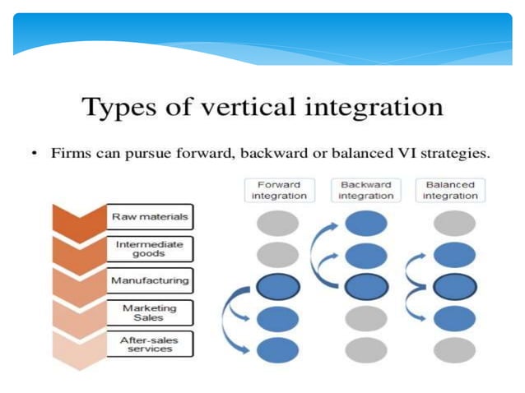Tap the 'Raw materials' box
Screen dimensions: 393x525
(150, 218)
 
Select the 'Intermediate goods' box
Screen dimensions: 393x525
(150, 248)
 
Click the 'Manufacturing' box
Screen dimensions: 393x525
(150, 280)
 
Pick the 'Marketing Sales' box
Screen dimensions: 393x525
(150, 312)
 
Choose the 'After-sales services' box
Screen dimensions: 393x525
(150, 344)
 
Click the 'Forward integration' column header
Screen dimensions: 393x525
(278, 190)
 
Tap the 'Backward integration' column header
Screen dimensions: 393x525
(366, 190)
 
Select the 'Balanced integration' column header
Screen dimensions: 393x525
(451, 190)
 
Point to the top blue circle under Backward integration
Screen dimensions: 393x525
(366, 223)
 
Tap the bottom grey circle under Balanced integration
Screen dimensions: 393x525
(454, 350)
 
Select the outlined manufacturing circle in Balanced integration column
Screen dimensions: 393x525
(454, 287)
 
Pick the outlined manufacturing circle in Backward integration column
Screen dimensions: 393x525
(366, 287)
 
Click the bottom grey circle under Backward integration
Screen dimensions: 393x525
(366, 350)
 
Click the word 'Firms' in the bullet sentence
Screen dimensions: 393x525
(72, 153)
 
